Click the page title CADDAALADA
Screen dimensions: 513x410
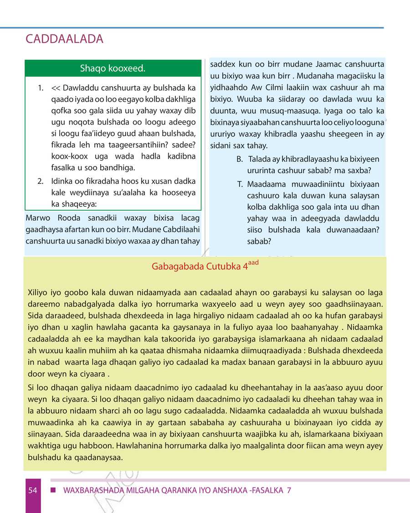pyautogui.click(x=65, y=39)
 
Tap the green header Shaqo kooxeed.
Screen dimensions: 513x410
pyautogui.click(x=113, y=69)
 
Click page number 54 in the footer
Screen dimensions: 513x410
pyautogui.click(x=32, y=491)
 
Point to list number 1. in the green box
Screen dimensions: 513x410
pyautogui.click(x=41, y=87)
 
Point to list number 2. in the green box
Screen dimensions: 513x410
pyautogui.click(x=41, y=181)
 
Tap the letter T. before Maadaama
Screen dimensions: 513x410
pyautogui.click(x=240, y=184)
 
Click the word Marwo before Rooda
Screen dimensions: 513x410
pyautogui.click(x=38, y=218)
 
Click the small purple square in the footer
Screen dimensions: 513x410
pyautogui.click(x=53, y=491)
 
